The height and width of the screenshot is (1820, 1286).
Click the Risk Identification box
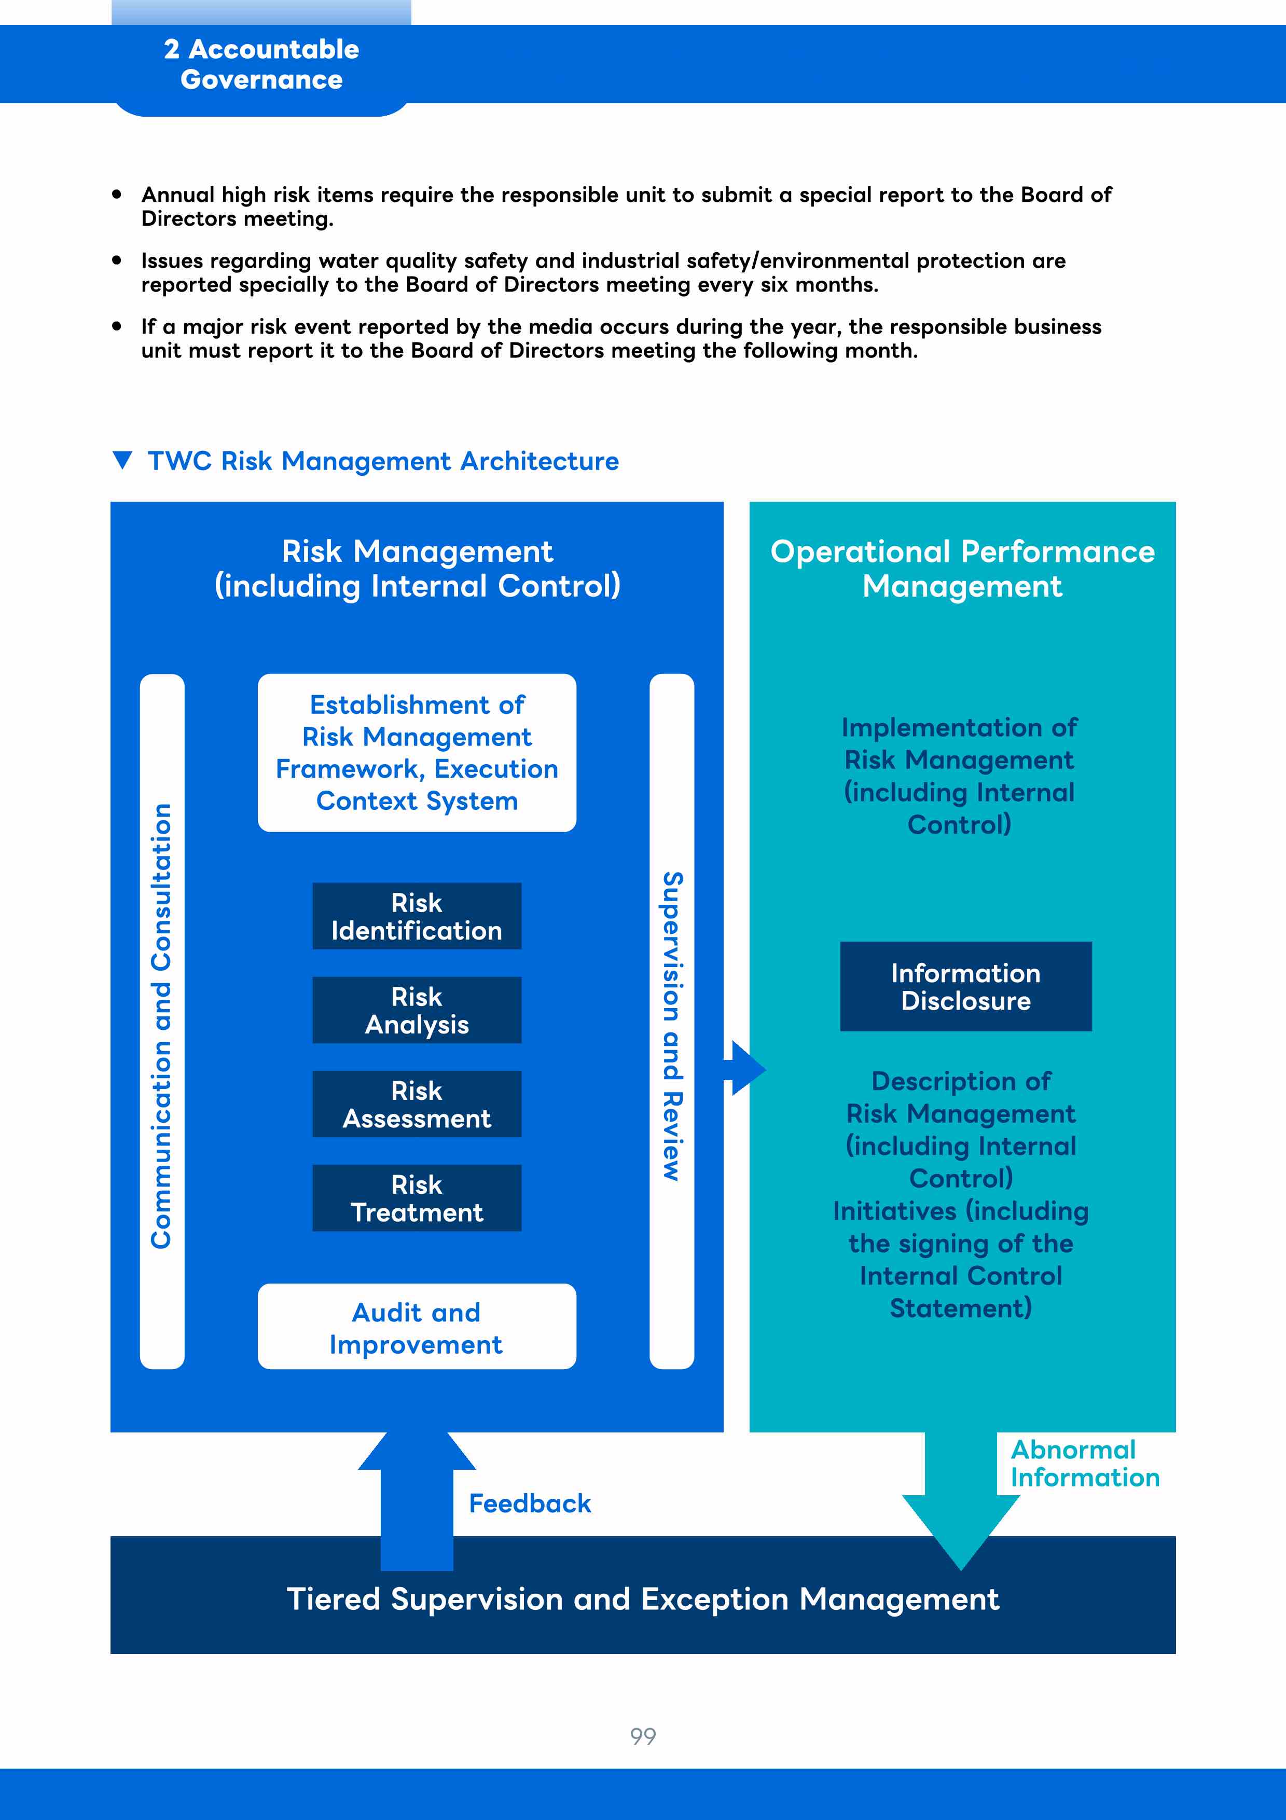coord(417,916)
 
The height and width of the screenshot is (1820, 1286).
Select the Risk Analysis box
coord(417,1010)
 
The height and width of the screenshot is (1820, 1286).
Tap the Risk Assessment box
coord(417,1104)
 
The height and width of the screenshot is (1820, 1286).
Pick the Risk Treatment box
coord(417,1198)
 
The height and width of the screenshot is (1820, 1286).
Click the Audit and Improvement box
coord(417,1326)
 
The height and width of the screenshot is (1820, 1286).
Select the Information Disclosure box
coord(966,986)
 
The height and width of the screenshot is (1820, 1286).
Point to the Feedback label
coord(530,1503)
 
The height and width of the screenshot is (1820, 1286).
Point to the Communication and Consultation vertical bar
coord(162,1021)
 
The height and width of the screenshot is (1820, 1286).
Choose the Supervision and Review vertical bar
coord(672,1021)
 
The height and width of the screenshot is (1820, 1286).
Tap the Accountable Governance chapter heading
coord(261,64)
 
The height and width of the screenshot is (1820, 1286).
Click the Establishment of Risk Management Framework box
coord(417,752)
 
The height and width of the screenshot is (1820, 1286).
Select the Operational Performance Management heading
coord(963,568)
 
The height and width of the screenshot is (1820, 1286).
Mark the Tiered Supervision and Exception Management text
coord(643,1599)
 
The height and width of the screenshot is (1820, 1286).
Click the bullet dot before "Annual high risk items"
coord(117,194)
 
